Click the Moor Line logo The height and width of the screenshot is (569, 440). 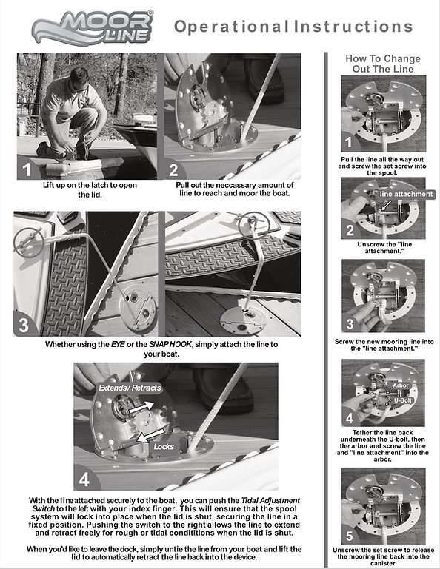[x=93, y=27]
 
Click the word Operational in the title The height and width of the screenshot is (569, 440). [x=232, y=27]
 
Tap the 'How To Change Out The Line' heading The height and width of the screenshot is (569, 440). [x=383, y=64]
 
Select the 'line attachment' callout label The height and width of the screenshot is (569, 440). [x=406, y=194]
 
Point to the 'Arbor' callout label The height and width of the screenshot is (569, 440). [x=401, y=385]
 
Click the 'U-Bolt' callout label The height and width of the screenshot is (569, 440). [x=403, y=400]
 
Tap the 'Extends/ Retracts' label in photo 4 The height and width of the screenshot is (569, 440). [x=130, y=388]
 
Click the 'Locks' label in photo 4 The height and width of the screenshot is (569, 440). [x=164, y=446]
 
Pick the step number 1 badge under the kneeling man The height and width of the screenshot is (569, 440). [x=27, y=170]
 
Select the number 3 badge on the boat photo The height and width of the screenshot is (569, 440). [x=24, y=325]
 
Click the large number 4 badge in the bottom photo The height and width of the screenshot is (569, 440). [x=84, y=479]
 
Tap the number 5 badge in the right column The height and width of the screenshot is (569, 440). [x=349, y=536]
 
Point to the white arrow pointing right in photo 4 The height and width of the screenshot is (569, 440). [x=141, y=406]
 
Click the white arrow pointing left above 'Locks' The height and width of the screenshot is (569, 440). [x=150, y=435]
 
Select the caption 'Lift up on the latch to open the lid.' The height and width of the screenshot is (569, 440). [x=90, y=189]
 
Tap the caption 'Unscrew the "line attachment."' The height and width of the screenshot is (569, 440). [x=384, y=247]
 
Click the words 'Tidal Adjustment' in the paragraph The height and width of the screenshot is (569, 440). [x=270, y=500]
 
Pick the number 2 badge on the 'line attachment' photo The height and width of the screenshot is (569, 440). [x=350, y=230]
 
